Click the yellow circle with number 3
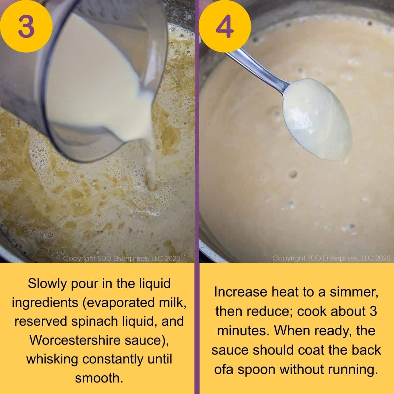[26, 26]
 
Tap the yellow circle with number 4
[224, 26]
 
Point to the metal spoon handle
[258, 69]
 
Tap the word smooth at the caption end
[99, 378]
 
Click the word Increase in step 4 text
[240, 292]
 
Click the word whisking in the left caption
[52, 359]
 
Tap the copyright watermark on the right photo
[331, 258]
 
